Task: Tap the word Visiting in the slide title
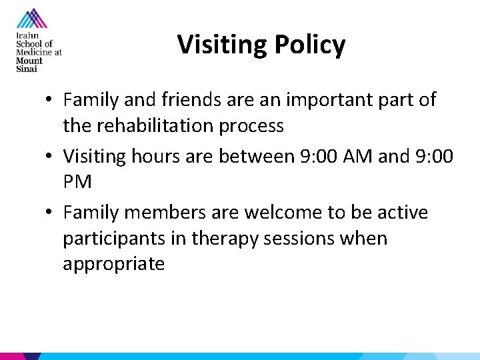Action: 221,45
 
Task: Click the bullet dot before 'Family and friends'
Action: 51,101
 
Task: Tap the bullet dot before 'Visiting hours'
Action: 51,157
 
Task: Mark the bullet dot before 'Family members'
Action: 51,213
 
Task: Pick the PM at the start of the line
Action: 77,182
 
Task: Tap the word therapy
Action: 223,239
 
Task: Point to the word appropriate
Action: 113,264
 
